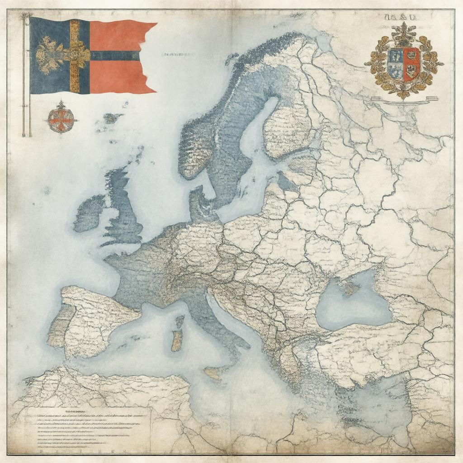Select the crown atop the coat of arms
coord(404,33)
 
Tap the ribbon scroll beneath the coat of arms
coord(405,99)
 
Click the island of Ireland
coord(90,213)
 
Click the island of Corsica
coord(180,321)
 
